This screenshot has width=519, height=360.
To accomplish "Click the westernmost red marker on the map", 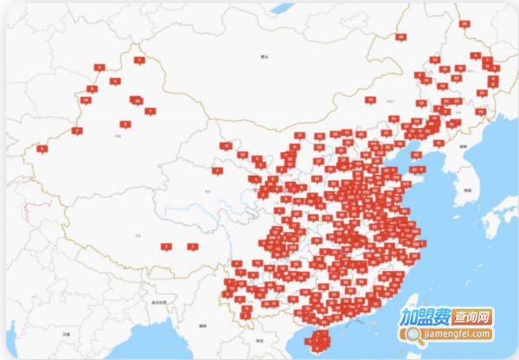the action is tap(42, 148).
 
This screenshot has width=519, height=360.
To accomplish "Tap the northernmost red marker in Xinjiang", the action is tap(139, 60).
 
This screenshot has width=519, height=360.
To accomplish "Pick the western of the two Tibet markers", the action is tap(165, 247).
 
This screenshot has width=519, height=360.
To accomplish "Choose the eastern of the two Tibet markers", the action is tap(192, 247).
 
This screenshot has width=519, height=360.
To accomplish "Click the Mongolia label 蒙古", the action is tap(265, 55).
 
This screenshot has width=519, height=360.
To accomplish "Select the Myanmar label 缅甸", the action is tap(202, 325).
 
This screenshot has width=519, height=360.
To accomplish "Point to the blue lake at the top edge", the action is tap(282, 8).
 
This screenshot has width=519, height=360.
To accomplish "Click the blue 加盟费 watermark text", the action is tap(421, 317).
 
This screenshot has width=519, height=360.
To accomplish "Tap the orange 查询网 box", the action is tap(471, 317).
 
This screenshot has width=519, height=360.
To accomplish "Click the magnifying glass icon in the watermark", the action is tap(413, 334).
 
